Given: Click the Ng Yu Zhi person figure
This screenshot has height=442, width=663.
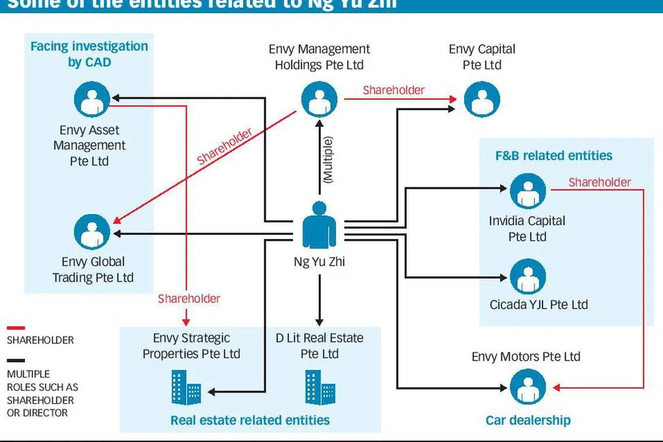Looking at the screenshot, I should (x=319, y=226).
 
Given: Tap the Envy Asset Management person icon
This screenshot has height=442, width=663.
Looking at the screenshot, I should (x=92, y=99).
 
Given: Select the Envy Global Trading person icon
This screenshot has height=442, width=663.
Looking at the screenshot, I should (x=92, y=231).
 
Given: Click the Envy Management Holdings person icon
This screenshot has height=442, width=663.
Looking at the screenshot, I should (x=319, y=99).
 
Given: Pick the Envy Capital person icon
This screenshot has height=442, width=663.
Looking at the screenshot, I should (x=482, y=99).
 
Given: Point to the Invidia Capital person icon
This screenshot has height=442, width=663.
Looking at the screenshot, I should (x=527, y=191).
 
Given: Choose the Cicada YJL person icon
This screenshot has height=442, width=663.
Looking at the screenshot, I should (x=527, y=276).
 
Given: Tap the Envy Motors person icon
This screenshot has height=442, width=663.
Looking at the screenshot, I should (x=527, y=387).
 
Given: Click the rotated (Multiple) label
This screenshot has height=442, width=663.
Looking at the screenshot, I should (x=328, y=161).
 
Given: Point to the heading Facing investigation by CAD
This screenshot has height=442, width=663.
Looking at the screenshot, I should (x=89, y=54).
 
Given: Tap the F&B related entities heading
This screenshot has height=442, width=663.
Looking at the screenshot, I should (x=554, y=156).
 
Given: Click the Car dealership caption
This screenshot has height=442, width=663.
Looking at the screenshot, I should (x=528, y=420).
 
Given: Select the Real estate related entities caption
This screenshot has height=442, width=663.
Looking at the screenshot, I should (x=250, y=420).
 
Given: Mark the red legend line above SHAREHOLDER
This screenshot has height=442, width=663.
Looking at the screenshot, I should (x=16, y=328).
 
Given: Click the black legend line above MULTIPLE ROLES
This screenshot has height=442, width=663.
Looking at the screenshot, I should (x=16, y=361).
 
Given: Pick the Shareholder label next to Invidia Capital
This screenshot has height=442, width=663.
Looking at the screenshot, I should (x=600, y=183).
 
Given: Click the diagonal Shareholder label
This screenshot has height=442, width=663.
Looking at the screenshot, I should (x=224, y=147).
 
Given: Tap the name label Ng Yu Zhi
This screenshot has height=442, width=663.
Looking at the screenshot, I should (x=319, y=262).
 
